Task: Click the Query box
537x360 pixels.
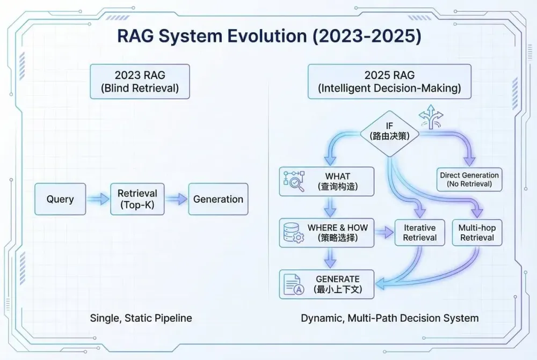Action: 60,199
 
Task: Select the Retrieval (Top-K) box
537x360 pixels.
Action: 137,199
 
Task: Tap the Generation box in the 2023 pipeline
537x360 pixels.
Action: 218,199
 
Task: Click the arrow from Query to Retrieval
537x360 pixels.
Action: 98,199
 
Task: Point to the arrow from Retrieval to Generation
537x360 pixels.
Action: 176,199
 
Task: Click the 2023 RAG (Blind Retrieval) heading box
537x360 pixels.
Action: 140,81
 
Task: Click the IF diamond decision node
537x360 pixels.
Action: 390,131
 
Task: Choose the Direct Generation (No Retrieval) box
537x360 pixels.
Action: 469,179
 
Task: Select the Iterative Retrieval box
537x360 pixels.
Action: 419,232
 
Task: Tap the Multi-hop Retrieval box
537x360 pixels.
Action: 476,232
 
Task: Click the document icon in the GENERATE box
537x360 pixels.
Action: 293,284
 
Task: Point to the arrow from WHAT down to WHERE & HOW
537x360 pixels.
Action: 330,207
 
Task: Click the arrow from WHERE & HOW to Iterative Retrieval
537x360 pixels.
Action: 383,232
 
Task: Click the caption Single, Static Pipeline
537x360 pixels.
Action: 141,318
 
